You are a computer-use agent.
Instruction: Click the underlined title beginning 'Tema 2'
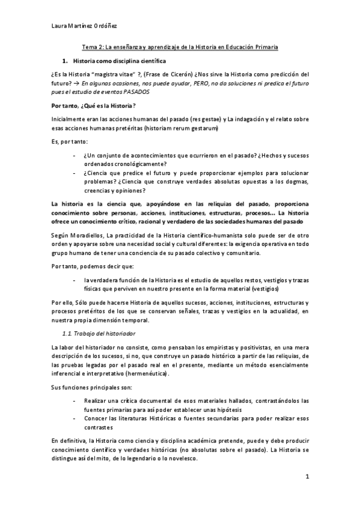click(x=180, y=47)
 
